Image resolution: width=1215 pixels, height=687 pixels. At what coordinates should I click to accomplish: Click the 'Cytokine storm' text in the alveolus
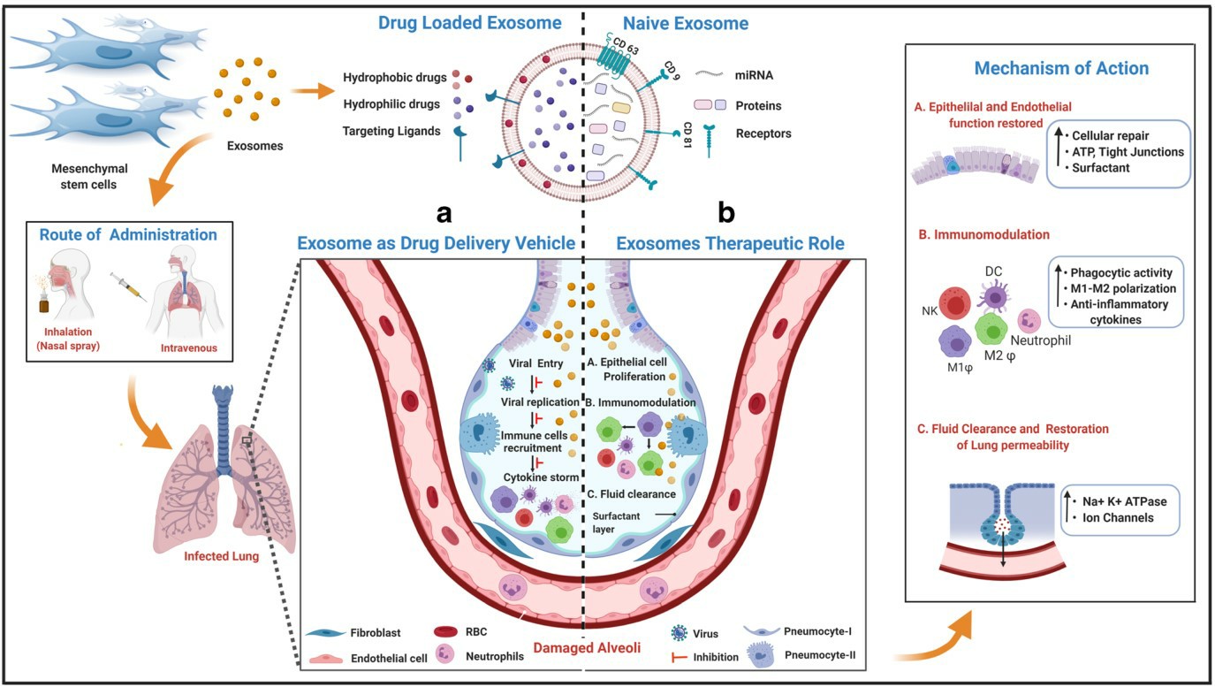[x=541, y=477]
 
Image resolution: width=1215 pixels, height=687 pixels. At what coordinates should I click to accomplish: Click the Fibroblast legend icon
[x=333, y=633]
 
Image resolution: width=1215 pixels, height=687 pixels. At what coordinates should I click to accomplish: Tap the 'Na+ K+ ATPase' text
[x=1125, y=500]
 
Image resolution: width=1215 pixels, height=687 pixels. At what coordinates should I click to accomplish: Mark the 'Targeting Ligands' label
[x=391, y=132]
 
